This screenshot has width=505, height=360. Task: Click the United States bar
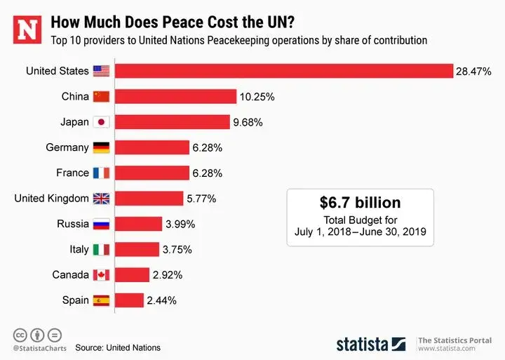pyautogui.click(x=283, y=71)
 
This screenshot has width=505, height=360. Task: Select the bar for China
pyautogui.click(x=175, y=97)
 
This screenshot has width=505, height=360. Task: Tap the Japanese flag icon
pyautogui.click(x=102, y=122)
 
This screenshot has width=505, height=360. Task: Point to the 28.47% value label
pyautogui.click(x=473, y=72)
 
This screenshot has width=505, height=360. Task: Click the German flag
pyautogui.click(x=102, y=147)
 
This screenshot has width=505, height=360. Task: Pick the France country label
pyautogui.click(x=72, y=173)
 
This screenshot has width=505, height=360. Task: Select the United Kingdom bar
pyautogui.click(x=149, y=199)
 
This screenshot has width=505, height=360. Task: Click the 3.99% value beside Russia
pyautogui.click(x=179, y=225)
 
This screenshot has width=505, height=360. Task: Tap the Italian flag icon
pyautogui.click(x=102, y=249)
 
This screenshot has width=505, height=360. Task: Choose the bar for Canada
pyautogui.click(x=132, y=275)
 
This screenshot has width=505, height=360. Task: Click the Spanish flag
pyautogui.click(x=102, y=300)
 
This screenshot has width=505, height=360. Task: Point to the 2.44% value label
pyautogui.click(x=161, y=301)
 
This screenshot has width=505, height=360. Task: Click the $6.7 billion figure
pyautogui.click(x=360, y=203)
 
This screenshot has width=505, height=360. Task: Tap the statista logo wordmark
pyautogui.click(x=370, y=344)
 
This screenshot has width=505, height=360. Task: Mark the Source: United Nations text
pyautogui.click(x=118, y=347)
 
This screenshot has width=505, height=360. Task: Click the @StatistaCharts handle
pyautogui.click(x=39, y=347)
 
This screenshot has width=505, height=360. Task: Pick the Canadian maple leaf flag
pyautogui.click(x=102, y=275)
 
